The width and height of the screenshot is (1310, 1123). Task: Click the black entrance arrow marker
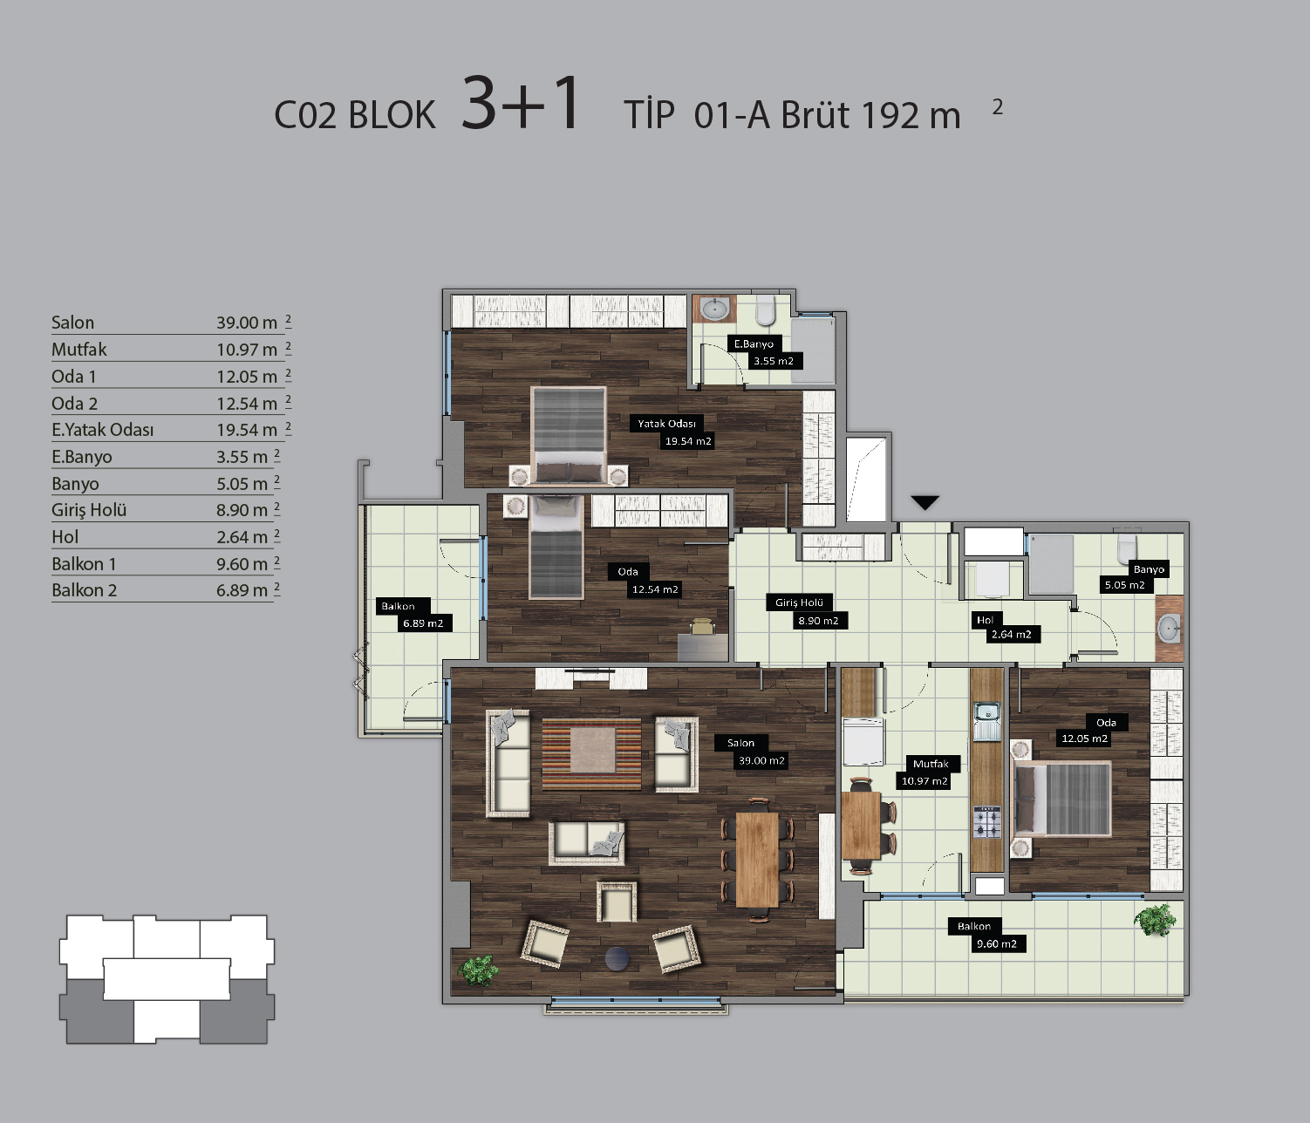[925, 502]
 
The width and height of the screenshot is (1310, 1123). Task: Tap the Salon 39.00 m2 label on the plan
[752, 752]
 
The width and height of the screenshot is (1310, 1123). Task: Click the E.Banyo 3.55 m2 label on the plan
[765, 353]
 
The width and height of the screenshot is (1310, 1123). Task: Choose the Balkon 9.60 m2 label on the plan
[987, 935]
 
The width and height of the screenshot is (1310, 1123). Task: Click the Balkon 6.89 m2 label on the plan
[414, 615]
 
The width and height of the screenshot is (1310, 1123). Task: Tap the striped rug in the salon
[591, 754]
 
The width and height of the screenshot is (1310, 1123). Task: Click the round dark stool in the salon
[617, 958]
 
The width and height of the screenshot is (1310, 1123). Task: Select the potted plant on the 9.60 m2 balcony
[1158, 920]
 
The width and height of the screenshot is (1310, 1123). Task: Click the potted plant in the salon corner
[479, 971]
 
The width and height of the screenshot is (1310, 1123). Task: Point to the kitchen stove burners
[987, 822]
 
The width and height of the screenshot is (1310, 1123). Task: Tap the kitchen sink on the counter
[986, 721]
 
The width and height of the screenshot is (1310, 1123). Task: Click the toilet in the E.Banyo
[766, 310]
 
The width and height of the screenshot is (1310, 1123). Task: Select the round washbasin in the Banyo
[1168, 629]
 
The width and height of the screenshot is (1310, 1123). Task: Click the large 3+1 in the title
[521, 103]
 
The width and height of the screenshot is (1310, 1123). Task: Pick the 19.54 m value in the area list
[247, 431]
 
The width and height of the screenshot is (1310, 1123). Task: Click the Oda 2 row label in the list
[74, 403]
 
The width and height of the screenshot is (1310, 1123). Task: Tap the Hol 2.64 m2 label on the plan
[1005, 628]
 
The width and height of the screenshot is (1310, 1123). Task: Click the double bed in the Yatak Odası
[570, 435]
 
